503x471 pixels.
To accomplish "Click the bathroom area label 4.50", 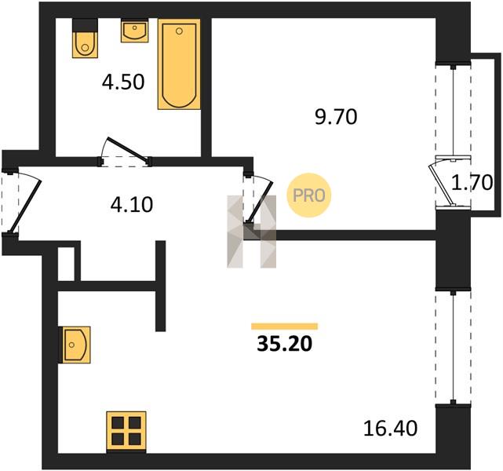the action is [x=123, y=82].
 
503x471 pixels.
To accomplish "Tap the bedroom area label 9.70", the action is [x=336, y=116].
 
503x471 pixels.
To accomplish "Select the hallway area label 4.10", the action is [x=132, y=205].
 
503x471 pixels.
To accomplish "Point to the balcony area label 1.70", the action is [x=472, y=183].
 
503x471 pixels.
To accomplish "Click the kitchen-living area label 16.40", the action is [x=391, y=429].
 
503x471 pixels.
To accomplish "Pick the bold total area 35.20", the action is [x=284, y=345].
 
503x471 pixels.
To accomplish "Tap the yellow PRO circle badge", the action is [x=309, y=195].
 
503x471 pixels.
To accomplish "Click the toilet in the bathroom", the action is [x=85, y=38].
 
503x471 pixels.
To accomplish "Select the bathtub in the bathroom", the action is [x=180, y=64].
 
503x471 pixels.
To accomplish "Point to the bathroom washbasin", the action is [x=135, y=31].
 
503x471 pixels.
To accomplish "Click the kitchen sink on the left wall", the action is [x=75, y=345].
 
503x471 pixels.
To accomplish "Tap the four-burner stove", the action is [x=126, y=432].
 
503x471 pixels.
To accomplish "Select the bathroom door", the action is [x=126, y=152].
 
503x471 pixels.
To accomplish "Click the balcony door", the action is [x=449, y=182].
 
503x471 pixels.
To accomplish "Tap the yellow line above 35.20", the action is [x=285, y=327].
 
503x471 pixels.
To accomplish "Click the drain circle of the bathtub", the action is [x=180, y=31].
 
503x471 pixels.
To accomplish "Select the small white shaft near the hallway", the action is [x=66, y=264].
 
